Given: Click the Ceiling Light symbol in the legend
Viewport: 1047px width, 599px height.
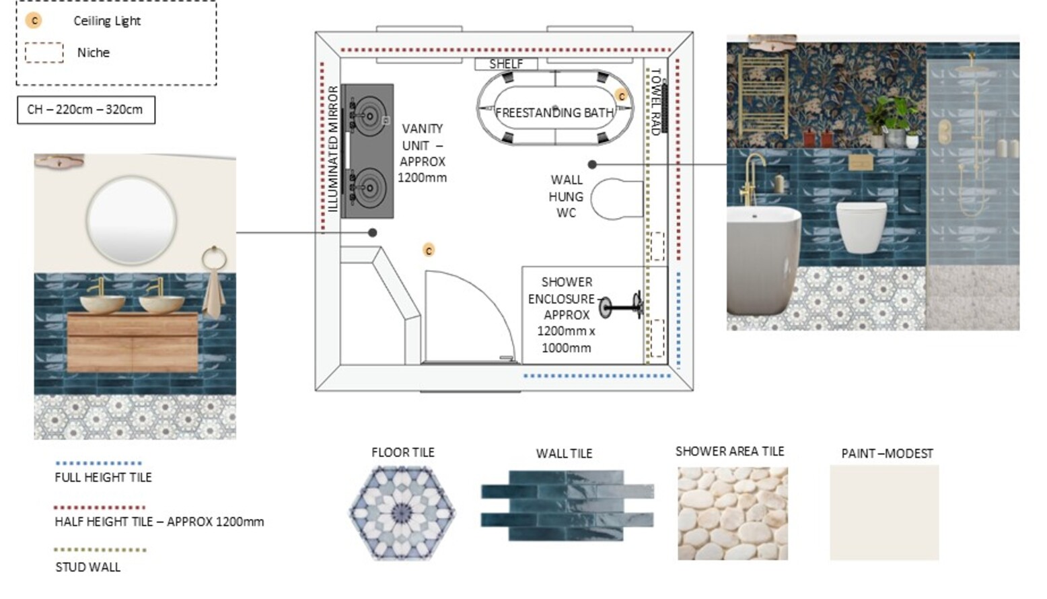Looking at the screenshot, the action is tap(34, 21).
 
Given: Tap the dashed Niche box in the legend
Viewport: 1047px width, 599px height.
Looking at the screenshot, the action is tap(44, 52).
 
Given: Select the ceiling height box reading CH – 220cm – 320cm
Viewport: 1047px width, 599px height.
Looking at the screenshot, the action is tap(86, 110).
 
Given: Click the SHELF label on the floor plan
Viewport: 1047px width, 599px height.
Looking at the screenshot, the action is tap(506, 64).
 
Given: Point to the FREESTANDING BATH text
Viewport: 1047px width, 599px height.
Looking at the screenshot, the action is tap(555, 112).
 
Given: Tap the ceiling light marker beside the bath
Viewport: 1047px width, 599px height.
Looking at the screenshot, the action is tap(622, 96).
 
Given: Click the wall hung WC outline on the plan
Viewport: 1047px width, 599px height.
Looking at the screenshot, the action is tap(617, 199).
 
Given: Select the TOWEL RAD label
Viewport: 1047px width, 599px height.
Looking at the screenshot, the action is tap(655, 102).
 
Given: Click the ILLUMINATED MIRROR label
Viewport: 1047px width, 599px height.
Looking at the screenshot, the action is tap(333, 149).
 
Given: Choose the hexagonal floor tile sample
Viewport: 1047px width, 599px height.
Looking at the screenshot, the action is tap(402, 513).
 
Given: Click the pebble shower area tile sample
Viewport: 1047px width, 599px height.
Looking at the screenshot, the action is tap(733, 513).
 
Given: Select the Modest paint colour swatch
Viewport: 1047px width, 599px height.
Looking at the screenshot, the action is tap(884, 512).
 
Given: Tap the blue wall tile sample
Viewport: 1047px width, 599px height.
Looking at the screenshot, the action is tap(567, 505).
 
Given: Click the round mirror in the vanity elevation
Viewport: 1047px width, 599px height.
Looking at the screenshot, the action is tap(131, 220).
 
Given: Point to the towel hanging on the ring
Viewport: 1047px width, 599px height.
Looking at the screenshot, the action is tap(213, 293).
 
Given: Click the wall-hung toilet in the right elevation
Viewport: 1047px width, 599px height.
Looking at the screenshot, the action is tap(861, 227).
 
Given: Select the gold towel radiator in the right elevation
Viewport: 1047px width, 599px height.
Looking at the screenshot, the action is tap(763, 96).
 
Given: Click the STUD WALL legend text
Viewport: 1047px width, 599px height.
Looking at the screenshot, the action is tap(88, 567).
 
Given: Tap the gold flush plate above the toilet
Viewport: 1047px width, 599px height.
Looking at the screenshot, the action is tap(861, 162).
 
